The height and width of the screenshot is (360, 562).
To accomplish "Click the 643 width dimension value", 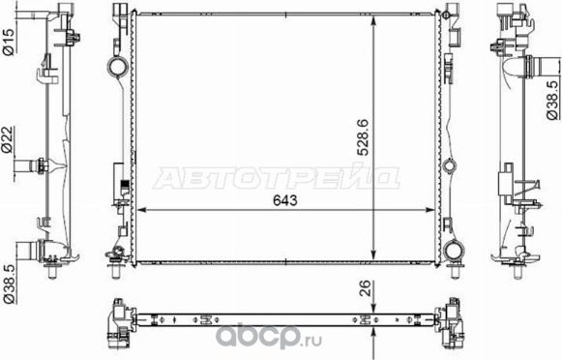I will click(x=283, y=200).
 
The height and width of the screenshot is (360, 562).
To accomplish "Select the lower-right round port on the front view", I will click(x=454, y=253).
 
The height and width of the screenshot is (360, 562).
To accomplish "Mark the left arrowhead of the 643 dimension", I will click(x=144, y=210).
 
